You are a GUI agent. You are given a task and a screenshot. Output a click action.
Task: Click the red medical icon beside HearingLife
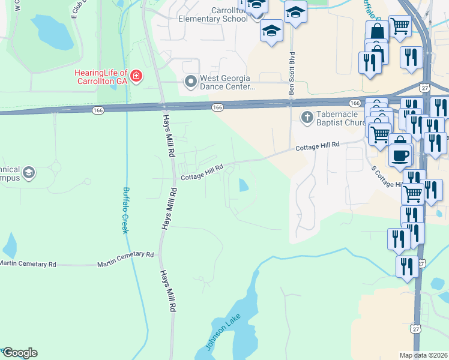pyautogui.click(x=137, y=77)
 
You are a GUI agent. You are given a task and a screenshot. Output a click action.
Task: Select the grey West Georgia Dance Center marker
pyautogui.click(x=191, y=80)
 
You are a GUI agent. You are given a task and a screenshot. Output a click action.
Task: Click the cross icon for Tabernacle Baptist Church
pyautogui.click(x=307, y=118)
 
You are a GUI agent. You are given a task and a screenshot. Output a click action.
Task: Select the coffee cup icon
pyautogui.click(x=400, y=154)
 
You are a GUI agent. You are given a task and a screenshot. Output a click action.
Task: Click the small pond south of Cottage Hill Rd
pyautogui.click(x=244, y=185)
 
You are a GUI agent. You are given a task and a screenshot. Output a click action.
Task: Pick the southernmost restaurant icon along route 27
pyautogui.click(x=408, y=266)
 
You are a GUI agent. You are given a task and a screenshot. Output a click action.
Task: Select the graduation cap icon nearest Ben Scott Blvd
pyautogui.click(x=295, y=12)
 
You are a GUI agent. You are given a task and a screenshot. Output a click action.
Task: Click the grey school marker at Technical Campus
pyautogui.click(x=28, y=174)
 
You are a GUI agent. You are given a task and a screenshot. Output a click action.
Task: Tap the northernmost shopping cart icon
pyautogui.click(x=400, y=26)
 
